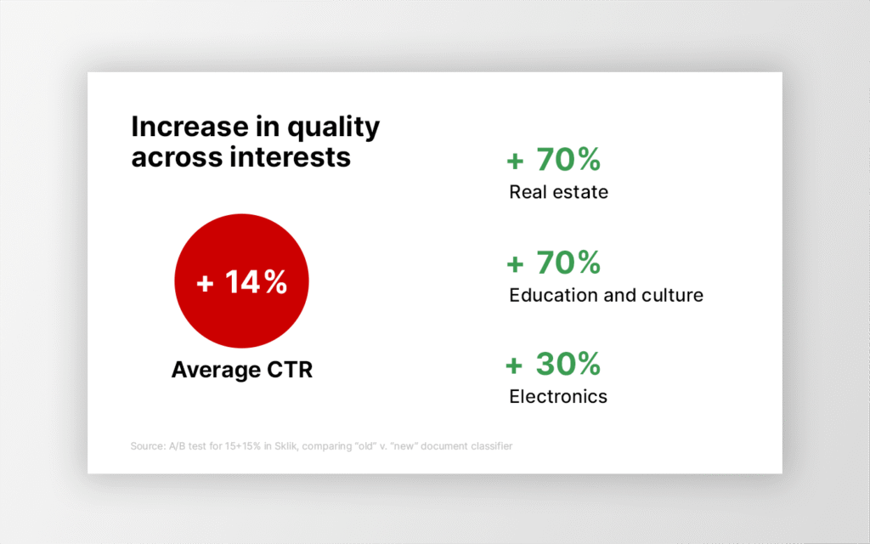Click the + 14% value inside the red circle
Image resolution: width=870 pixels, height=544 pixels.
pos(242,282)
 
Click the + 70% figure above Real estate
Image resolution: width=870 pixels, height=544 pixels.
pos(554,159)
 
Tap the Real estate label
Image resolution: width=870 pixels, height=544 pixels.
pos(559,192)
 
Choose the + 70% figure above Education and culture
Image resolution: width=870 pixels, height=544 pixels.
pos(554,263)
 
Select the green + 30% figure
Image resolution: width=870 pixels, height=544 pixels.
pos(553,364)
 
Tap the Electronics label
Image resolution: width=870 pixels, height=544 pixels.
pos(558,396)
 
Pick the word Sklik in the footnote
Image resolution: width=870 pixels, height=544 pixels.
pos(286,446)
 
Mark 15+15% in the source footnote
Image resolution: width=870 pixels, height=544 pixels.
pos(242,446)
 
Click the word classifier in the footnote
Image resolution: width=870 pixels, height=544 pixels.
pos(492,446)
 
